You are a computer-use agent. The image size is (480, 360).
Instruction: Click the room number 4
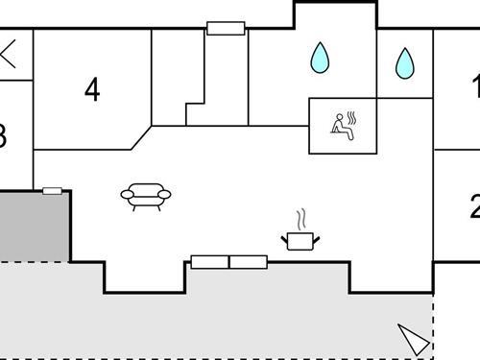[x=92, y=90]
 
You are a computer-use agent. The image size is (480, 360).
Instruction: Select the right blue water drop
[x=405, y=63]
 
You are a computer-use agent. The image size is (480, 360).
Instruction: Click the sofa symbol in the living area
[x=146, y=196]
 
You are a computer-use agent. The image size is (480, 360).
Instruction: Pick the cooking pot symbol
[x=300, y=239]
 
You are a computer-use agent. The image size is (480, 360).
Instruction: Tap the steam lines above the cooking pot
[x=301, y=217]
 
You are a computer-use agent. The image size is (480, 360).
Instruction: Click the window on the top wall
[x=226, y=28]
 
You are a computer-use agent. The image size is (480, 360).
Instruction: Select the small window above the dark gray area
[x=53, y=191]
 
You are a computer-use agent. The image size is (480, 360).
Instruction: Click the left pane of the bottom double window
[x=209, y=262]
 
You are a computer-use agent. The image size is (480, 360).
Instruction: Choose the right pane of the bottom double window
[x=248, y=262]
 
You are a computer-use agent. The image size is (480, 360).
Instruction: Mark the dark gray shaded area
[x=34, y=226]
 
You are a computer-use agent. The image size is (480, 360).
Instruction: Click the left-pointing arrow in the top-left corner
[x=10, y=54]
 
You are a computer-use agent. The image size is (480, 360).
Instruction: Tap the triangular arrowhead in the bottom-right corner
[x=414, y=339]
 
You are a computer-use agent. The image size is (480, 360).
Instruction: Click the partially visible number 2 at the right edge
[x=474, y=206]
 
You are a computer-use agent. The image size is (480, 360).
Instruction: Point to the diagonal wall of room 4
[x=142, y=136]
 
